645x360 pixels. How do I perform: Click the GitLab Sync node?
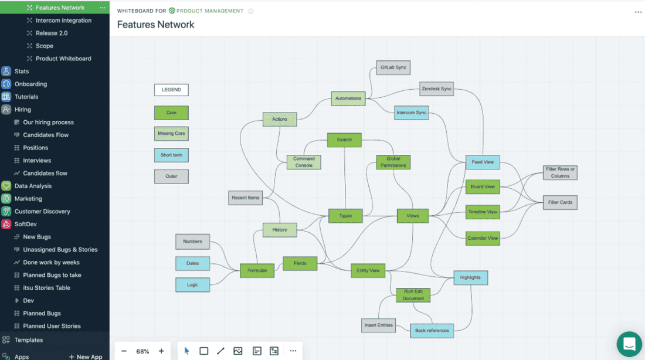point(393,67)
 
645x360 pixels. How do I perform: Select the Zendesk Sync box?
point(437,89)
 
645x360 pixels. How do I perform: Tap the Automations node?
point(348,99)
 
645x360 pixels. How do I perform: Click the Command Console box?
point(304,162)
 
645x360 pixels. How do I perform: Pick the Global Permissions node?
point(393,162)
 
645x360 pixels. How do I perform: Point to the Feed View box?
point(483,162)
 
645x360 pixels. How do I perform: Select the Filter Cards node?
point(560,202)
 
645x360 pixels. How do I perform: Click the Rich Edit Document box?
point(413,295)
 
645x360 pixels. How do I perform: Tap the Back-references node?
point(432,331)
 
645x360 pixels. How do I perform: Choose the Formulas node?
point(257,270)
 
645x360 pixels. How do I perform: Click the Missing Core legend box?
point(171,134)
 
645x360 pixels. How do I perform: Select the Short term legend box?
point(171,155)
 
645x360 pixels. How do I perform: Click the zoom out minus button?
point(124,351)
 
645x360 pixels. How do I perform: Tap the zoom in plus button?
point(161,351)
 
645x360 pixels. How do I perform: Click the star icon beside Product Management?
point(251,11)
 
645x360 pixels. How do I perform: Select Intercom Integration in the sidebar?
point(63,21)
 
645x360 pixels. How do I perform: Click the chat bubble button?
point(629,344)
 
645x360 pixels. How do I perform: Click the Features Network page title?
point(156,25)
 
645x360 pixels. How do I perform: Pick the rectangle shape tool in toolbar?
point(203,351)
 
